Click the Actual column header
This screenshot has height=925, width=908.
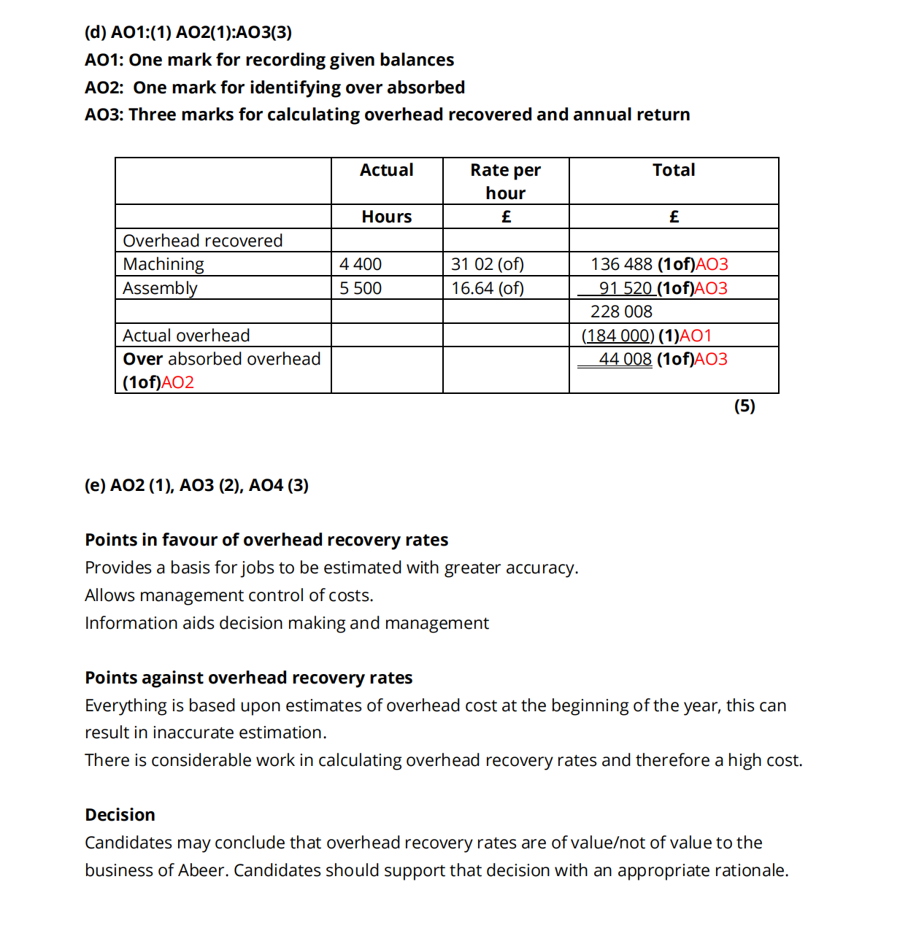386,170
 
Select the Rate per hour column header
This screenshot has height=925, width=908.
505,181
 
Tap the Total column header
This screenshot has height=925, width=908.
673,170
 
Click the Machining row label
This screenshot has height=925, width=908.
163,264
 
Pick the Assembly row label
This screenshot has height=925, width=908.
160,288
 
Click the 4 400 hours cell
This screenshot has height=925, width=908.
361,264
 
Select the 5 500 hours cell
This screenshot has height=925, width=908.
361,288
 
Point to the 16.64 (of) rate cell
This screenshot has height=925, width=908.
488,288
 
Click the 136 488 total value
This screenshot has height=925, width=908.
621,264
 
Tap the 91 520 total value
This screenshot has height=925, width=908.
625,288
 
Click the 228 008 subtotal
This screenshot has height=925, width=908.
621,311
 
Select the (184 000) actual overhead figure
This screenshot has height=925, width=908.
617,336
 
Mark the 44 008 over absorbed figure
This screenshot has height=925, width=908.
625,359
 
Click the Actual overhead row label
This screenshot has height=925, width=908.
186,336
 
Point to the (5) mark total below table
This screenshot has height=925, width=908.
745,406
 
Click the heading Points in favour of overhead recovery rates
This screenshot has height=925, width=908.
266,540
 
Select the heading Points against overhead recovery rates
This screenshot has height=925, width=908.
248,678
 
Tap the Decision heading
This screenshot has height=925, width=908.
120,815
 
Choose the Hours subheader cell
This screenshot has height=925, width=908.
386,217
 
